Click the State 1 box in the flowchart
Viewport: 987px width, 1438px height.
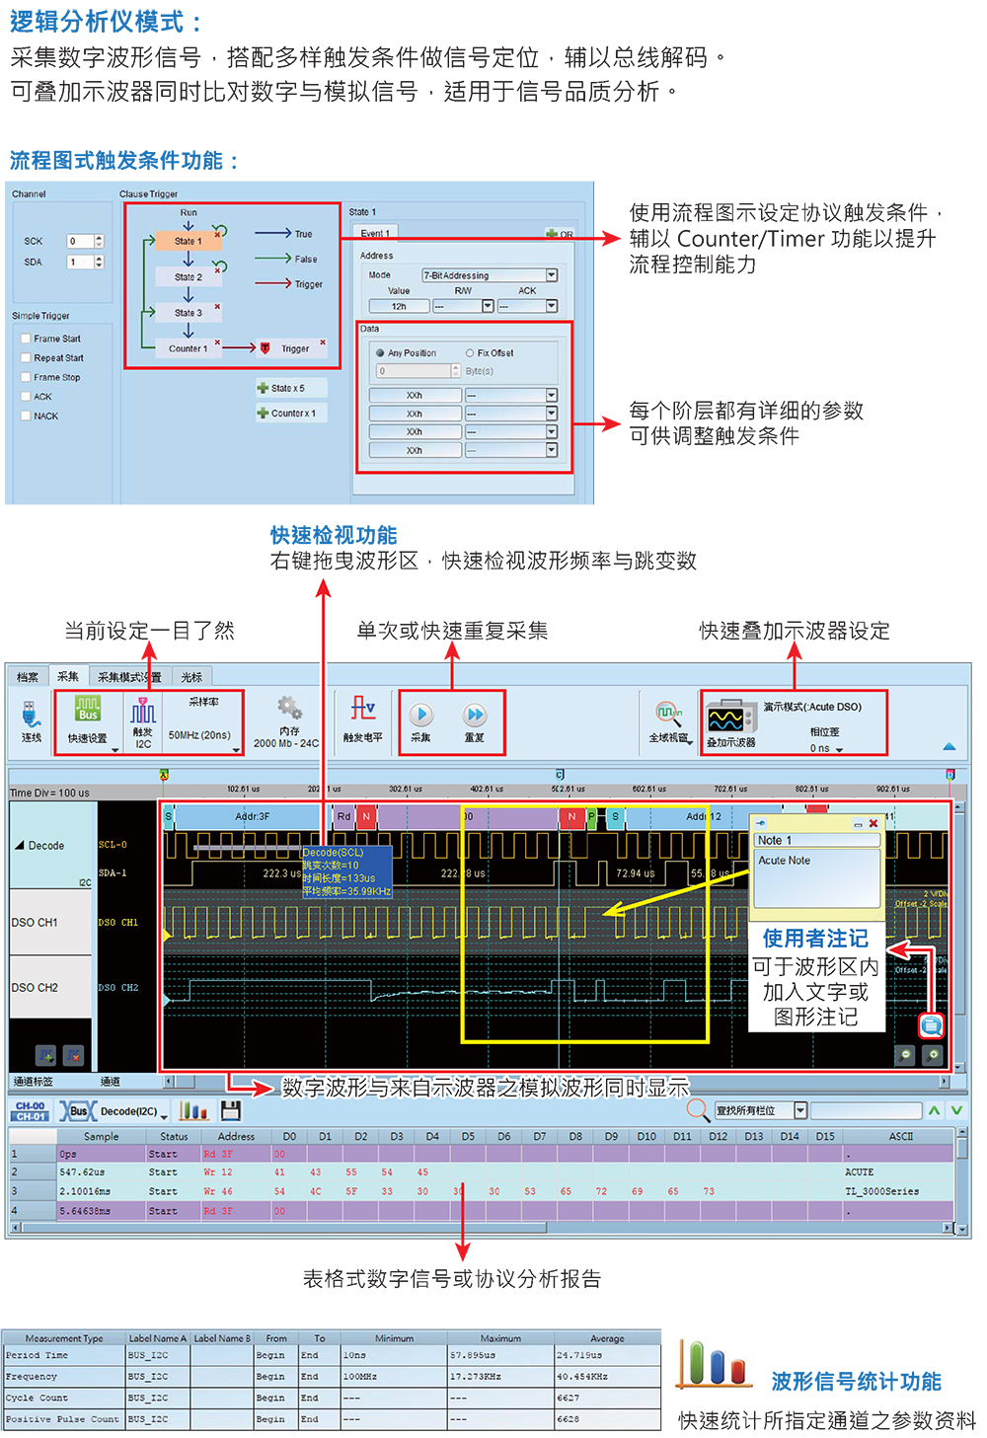pyautogui.click(x=188, y=241)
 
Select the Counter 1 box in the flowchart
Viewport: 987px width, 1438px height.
pyautogui.click(x=188, y=348)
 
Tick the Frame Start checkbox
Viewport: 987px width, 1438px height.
pyautogui.click(x=27, y=339)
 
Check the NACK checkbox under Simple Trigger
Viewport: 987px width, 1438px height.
pyautogui.click(x=27, y=416)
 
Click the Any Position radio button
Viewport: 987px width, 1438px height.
pyautogui.click(x=380, y=352)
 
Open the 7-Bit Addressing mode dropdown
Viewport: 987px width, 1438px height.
pyautogui.click(x=552, y=275)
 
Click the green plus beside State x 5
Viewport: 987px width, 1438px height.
pyautogui.click(x=263, y=388)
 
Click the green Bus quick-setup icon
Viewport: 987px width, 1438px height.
pyautogui.click(x=88, y=710)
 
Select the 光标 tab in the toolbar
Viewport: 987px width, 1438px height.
pyautogui.click(x=191, y=677)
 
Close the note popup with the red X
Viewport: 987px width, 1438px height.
pyautogui.click(x=873, y=823)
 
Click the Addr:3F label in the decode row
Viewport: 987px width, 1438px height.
pyautogui.click(x=252, y=816)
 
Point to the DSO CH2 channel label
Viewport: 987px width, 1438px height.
pyautogui.click(x=35, y=987)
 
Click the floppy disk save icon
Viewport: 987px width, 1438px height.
pyautogui.click(x=231, y=1110)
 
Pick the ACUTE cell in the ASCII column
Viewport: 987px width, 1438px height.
pyautogui.click(x=859, y=1173)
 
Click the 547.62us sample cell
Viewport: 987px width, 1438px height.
pyautogui.click(x=82, y=1173)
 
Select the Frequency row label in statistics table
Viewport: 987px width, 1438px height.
pyautogui.click(x=32, y=1376)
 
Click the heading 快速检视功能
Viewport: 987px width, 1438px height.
pyautogui.click(x=334, y=535)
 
